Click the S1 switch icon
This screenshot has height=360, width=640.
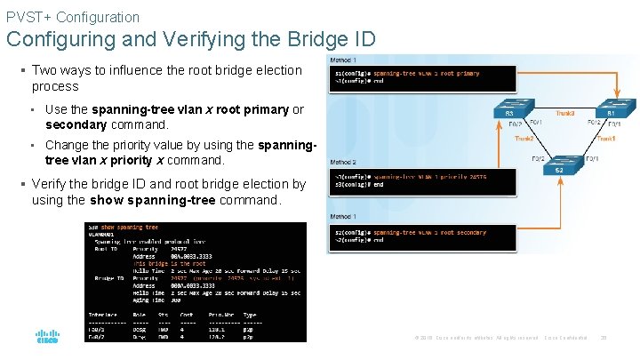tap(612, 108)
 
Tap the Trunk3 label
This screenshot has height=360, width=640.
tap(565, 114)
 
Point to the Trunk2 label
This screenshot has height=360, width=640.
tap(524, 139)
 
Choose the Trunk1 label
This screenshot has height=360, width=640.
tap(606, 139)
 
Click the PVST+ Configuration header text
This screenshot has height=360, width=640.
tap(73, 17)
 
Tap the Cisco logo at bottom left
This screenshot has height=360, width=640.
tap(47, 338)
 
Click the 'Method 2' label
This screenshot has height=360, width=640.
tap(344, 163)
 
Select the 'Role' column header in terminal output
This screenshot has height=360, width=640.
tap(140, 315)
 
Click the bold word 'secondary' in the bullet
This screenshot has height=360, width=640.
tap(78, 125)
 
